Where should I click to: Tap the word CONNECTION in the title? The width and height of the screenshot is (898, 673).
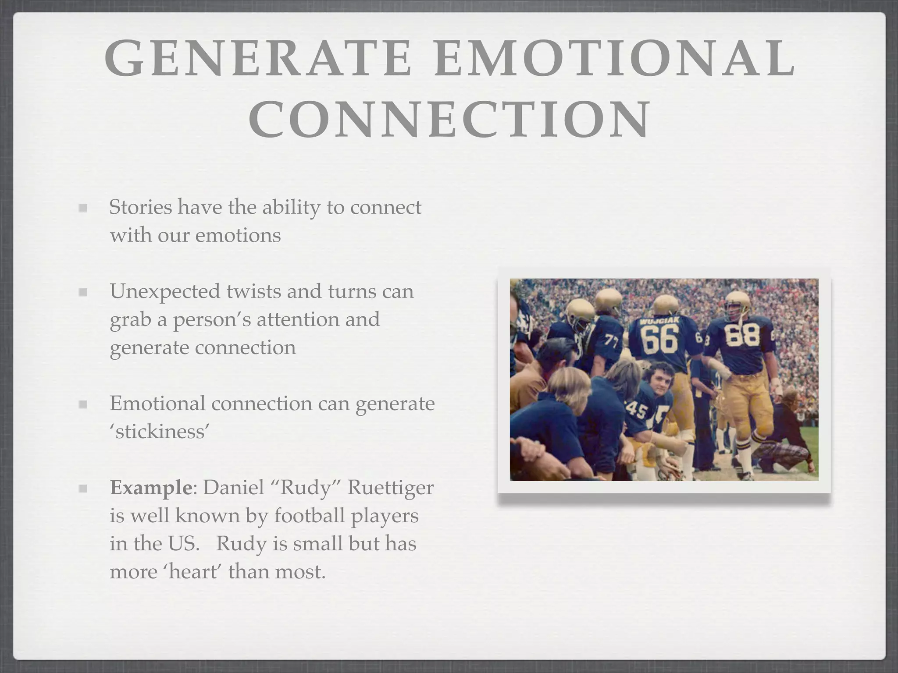click(x=449, y=118)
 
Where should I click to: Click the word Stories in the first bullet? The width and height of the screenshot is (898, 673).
click(x=140, y=207)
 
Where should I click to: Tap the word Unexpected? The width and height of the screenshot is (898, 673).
click(x=165, y=291)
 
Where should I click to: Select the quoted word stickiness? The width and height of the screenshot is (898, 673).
click(x=159, y=432)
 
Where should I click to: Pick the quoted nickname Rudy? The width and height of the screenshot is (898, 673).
click(x=306, y=487)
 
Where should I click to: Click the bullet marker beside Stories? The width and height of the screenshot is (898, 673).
click(x=82, y=208)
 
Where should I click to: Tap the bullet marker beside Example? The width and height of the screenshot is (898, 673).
click(x=82, y=488)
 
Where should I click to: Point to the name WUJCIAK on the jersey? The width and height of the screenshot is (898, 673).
click(x=659, y=322)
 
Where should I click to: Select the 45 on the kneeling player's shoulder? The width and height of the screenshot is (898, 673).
click(x=636, y=411)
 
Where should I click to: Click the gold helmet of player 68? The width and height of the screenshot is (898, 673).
click(x=738, y=303)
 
